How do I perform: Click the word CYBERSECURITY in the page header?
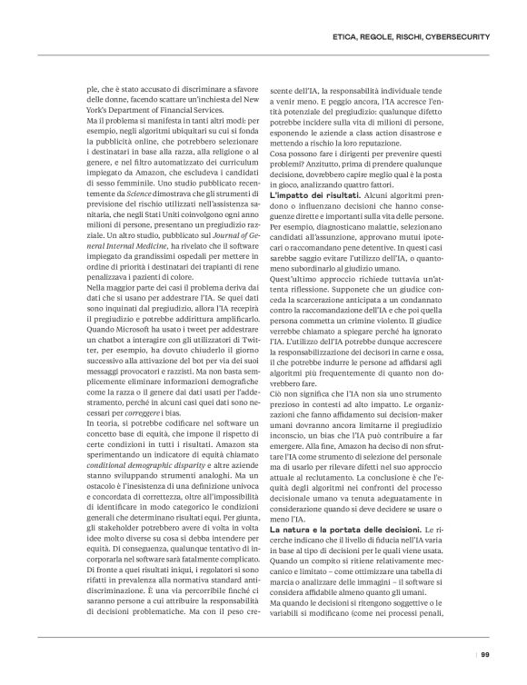click(460, 36)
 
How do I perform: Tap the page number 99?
click(486, 654)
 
